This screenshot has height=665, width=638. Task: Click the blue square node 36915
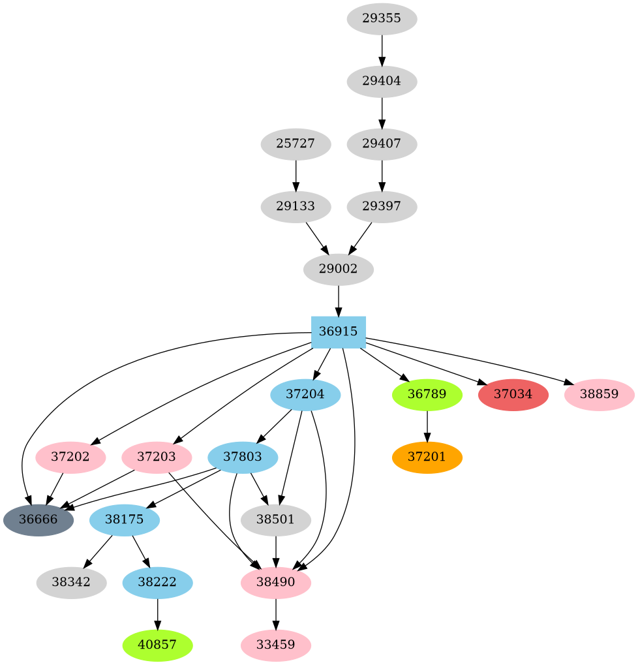click(x=338, y=332)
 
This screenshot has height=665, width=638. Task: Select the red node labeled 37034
click(x=513, y=395)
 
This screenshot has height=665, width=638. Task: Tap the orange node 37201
click(x=427, y=457)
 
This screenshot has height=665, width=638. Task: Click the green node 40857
click(x=157, y=645)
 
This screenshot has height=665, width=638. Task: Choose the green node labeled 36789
click(x=427, y=395)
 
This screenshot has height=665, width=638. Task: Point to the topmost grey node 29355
click(x=382, y=19)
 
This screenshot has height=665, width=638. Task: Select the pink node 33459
click(x=276, y=645)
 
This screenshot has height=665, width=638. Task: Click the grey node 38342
click(x=72, y=582)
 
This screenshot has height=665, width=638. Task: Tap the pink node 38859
click(x=599, y=395)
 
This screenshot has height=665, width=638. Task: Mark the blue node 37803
click(x=243, y=457)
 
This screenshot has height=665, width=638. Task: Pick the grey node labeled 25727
click(x=296, y=144)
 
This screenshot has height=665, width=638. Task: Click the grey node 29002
click(x=338, y=269)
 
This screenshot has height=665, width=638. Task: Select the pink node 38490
click(x=276, y=582)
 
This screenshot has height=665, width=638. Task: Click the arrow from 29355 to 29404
click(x=382, y=50)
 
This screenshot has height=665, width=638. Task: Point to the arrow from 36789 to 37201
click(x=427, y=425)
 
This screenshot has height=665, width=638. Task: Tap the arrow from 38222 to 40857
click(x=157, y=613)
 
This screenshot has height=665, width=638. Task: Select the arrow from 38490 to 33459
click(x=276, y=613)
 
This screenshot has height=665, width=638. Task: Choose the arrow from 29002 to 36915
click(x=338, y=300)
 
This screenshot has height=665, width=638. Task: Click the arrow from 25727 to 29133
click(x=296, y=175)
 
